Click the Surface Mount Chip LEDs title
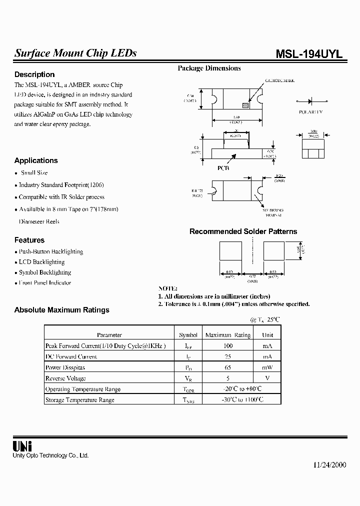tap(75, 53)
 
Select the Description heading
tap(34, 74)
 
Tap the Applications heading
tap(36, 160)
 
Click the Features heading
tap(29, 240)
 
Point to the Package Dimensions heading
tap(209, 68)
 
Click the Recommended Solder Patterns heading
tap(243, 231)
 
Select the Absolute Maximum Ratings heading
tap(61, 310)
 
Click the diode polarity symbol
tap(310, 100)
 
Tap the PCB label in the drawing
tap(223, 169)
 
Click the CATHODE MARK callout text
tap(280, 80)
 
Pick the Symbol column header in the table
tap(188, 335)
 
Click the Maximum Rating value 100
tap(228, 345)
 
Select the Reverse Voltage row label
tap(65, 378)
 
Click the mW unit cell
tap(267, 367)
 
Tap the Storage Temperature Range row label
tap(80, 400)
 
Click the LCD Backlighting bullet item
tap(41, 262)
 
